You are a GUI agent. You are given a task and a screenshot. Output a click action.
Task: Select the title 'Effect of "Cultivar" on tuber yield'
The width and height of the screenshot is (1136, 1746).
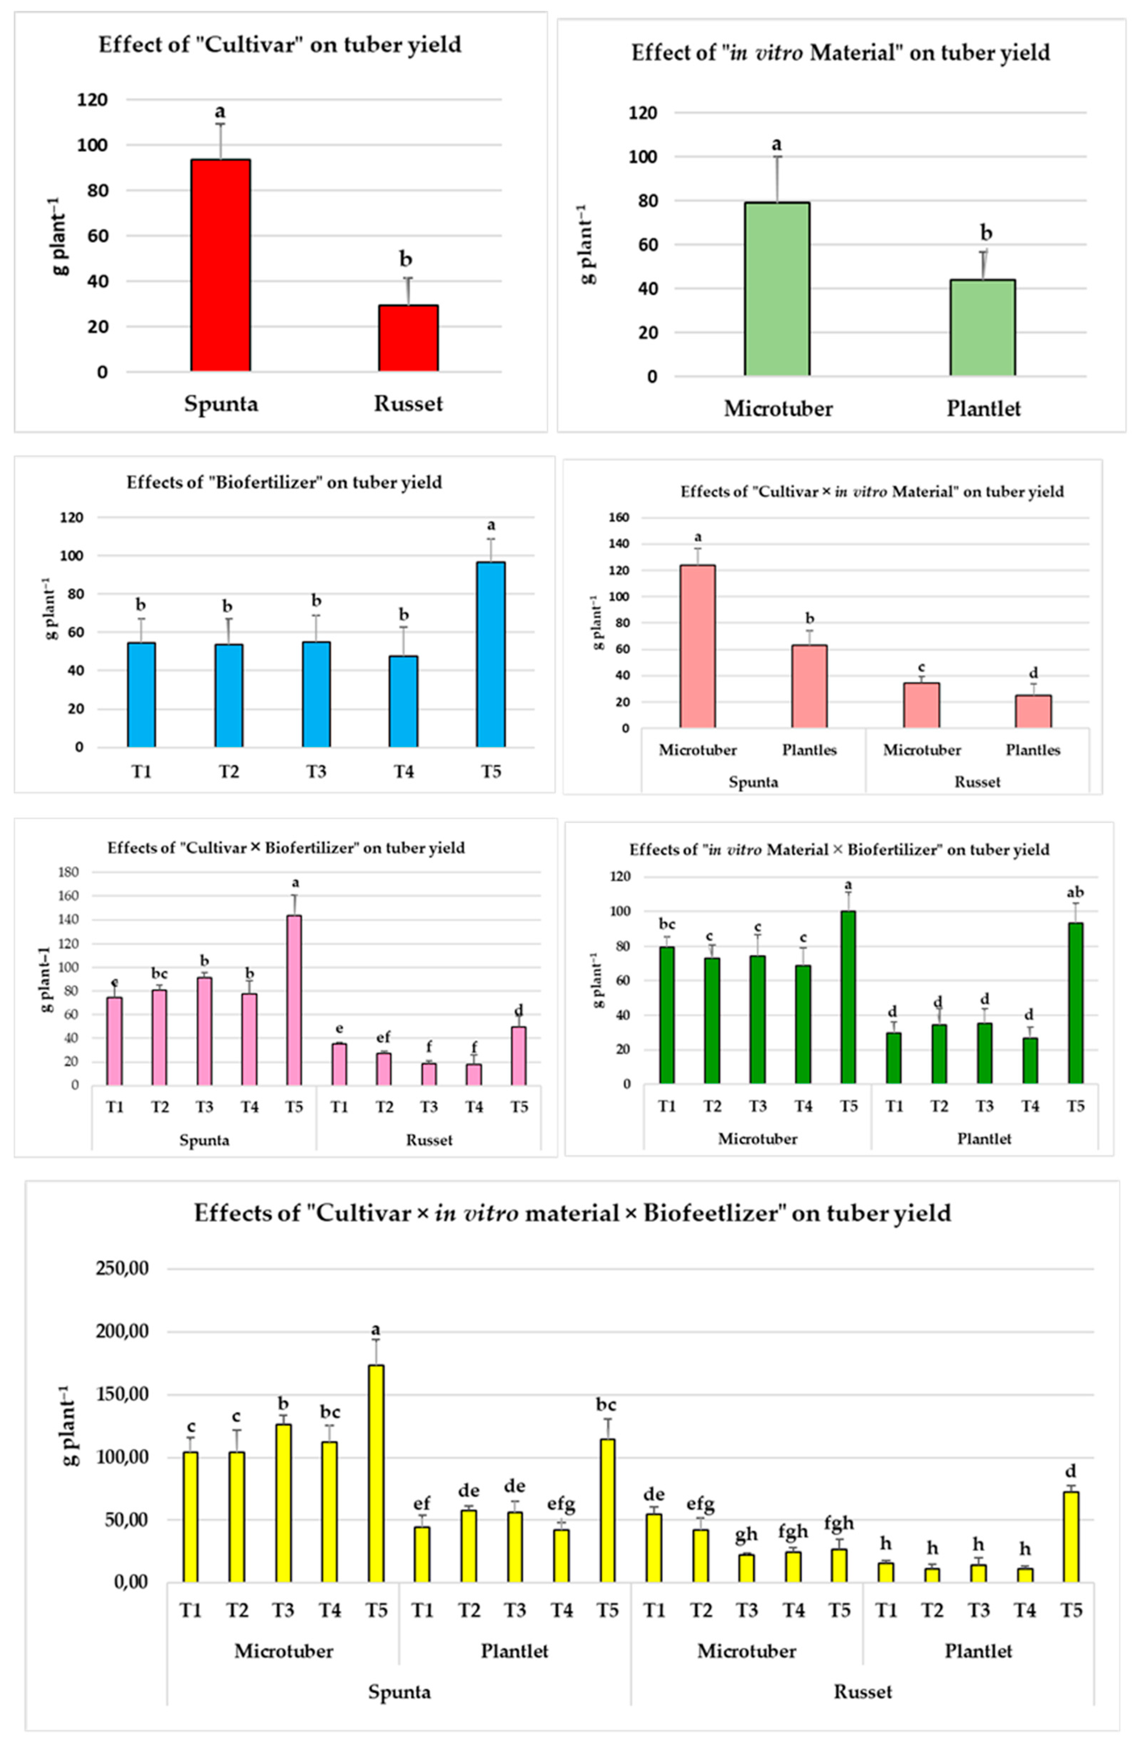280,45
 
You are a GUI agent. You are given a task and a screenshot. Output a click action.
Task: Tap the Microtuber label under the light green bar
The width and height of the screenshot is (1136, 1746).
778,409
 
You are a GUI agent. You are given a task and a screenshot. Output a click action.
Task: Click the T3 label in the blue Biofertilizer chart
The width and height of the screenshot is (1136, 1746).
316,772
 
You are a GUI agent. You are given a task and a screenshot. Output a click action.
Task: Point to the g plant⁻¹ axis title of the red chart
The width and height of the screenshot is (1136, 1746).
61,236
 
